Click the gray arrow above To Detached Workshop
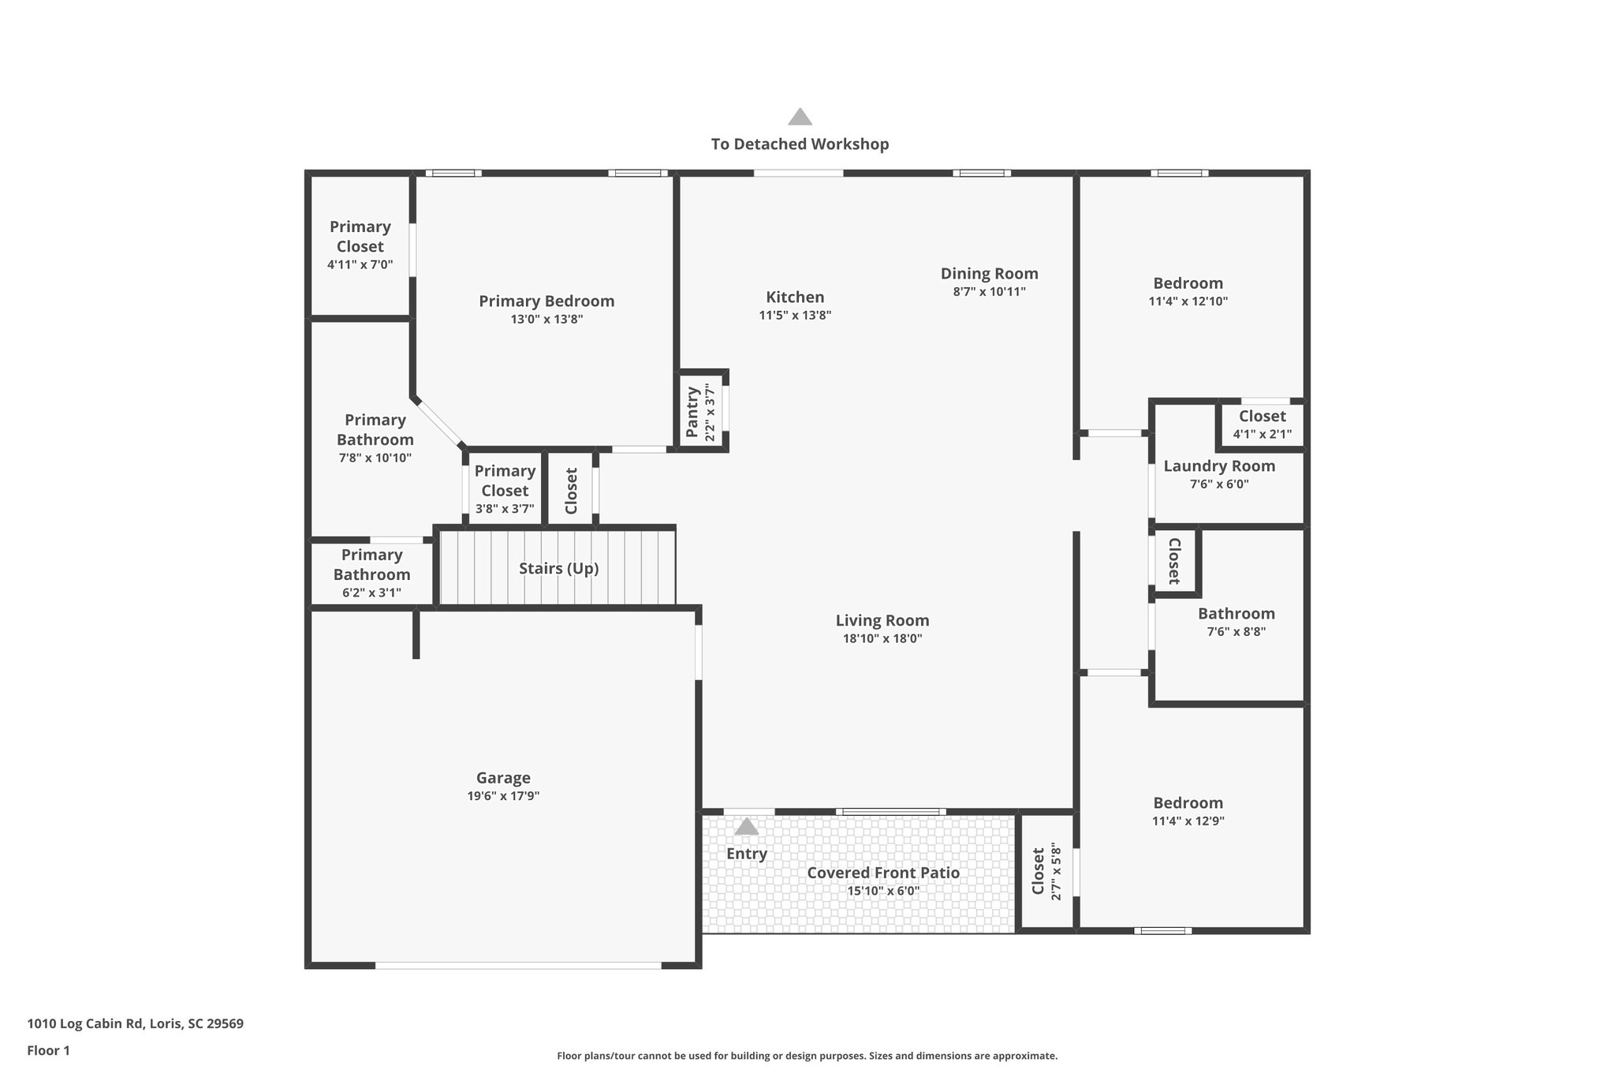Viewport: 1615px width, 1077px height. click(800, 118)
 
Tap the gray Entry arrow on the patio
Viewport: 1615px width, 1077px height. click(746, 827)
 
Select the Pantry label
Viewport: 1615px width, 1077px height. click(692, 412)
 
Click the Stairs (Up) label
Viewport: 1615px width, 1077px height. click(558, 568)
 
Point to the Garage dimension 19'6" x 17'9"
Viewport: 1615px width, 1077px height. click(503, 796)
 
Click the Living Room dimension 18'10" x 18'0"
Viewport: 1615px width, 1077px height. click(882, 639)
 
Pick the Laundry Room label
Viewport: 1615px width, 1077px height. click(1219, 466)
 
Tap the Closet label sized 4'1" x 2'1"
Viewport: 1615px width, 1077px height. click(1262, 416)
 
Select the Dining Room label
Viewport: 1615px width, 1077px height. click(989, 274)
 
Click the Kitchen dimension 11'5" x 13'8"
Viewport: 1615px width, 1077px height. click(795, 316)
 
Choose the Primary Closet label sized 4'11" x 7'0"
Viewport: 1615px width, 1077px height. click(360, 237)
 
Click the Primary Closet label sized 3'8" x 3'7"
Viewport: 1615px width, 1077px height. click(505, 481)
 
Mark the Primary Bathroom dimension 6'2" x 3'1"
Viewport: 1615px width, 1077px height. click(371, 593)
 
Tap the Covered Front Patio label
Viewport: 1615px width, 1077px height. click(883, 873)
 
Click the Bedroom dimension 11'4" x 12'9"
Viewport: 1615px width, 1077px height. click(1188, 821)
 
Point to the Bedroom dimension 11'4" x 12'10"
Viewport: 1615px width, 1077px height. click(1188, 301)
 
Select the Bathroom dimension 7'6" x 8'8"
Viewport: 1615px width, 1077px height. click(1236, 632)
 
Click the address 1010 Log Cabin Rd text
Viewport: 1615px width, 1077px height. click(135, 1024)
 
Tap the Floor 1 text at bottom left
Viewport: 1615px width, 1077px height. click(48, 1050)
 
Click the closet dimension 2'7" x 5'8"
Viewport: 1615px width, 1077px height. click(1057, 873)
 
